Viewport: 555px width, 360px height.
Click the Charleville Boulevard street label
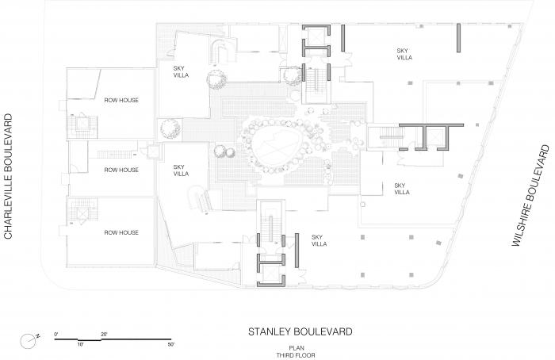coord(8,176)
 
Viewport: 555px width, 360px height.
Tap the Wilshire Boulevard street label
coord(531,196)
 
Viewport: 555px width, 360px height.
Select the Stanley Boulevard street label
coord(300,331)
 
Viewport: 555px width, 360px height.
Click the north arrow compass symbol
coord(29,340)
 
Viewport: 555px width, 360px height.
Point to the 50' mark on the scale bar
coord(171,344)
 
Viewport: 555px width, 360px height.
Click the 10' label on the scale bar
coord(80,344)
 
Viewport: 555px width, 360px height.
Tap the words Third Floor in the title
coord(296,355)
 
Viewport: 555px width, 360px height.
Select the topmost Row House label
coord(121,100)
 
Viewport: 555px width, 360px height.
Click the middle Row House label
coord(121,170)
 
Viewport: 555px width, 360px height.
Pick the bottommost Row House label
coord(121,232)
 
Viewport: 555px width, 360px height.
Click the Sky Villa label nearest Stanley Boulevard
coord(319,240)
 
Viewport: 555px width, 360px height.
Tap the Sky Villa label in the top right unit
coord(404,54)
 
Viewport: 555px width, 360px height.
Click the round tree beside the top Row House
coord(170,129)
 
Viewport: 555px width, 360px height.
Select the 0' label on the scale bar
coord(56,334)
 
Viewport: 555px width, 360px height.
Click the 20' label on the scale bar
coord(104,334)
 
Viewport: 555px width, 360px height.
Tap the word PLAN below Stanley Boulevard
coord(296,348)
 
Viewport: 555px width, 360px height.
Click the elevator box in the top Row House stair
coord(82,124)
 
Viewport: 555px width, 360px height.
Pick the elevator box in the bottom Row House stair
coord(82,214)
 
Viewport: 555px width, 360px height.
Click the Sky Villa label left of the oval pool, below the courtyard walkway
coord(181,170)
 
